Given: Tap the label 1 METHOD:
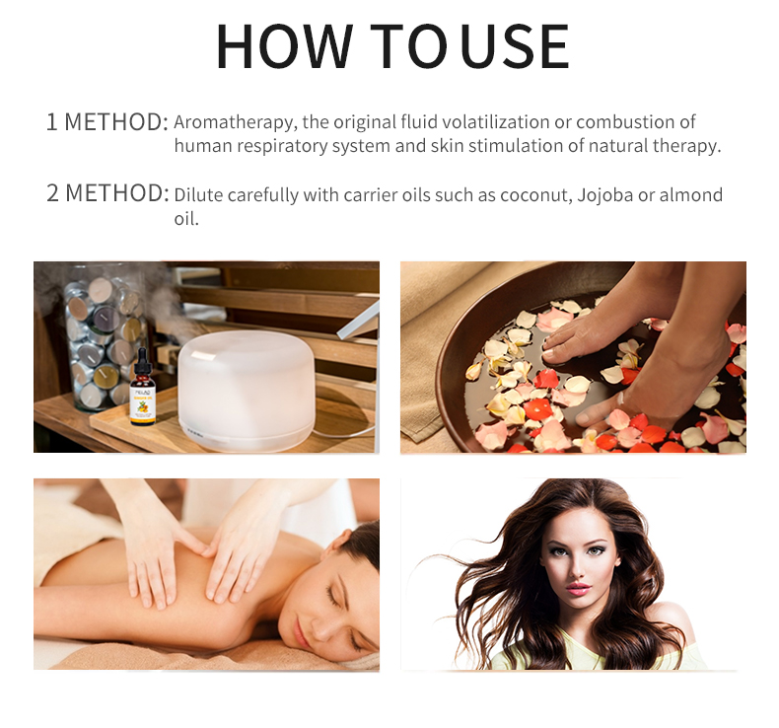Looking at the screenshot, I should [106, 123].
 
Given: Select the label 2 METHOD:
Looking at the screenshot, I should [106, 193].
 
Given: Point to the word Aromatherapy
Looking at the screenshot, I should [229, 123].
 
